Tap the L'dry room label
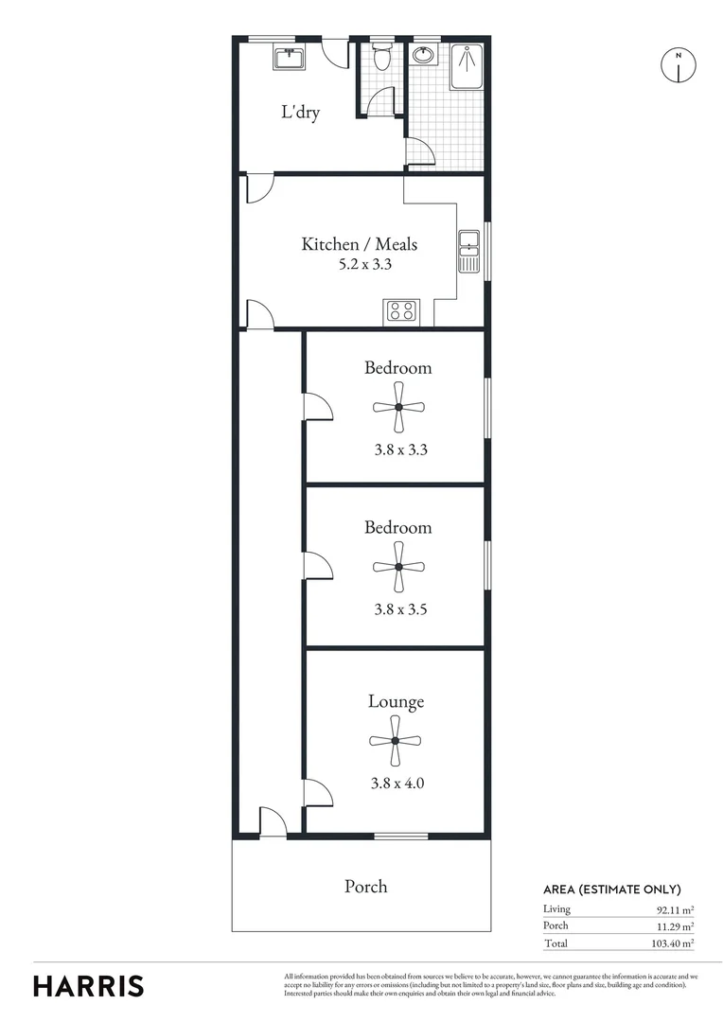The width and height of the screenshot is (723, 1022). pyautogui.click(x=300, y=113)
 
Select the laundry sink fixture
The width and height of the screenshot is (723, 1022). pyautogui.click(x=289, y=59)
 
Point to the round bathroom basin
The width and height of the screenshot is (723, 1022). pyautogui.click(x=424, y=55)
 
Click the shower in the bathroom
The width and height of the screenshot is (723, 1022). pyautogui.click(x=467, y=65)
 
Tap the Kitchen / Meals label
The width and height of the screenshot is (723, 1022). pyautogui.click(x=359, y=244)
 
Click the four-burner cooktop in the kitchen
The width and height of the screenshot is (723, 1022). pyautogui.click(x=400, y=311)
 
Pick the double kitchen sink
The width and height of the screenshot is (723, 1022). pyautogui.click(x=469, y=252)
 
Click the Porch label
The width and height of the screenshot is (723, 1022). pyautogui.click(x=365, y=887)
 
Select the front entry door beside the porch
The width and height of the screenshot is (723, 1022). pyautogui.click(x=273, y=823)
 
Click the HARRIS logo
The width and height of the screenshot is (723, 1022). pyautogui.click(x=89, y=985)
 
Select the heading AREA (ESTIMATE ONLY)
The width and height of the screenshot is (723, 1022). pyautogui.click(x=611, y=889)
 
